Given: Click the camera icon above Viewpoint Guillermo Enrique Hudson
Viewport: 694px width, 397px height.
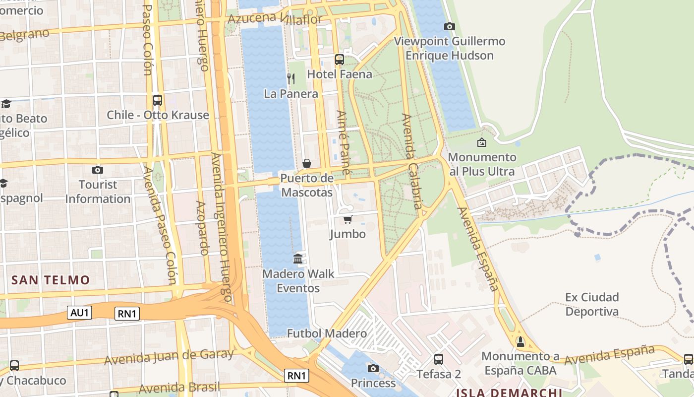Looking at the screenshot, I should click(x=450, y=26).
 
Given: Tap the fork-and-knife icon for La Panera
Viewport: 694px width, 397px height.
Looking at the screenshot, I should click(x=291, y=78).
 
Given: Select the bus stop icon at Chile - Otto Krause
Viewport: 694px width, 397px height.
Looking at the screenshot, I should click(x=158, y=100).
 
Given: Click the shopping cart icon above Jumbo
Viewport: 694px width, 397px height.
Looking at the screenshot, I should click(x=347, y=219).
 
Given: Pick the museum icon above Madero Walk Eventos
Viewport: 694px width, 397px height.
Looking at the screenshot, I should click(x=298, y=259).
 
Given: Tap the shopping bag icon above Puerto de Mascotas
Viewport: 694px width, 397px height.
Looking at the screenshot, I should click(x=307, y=163).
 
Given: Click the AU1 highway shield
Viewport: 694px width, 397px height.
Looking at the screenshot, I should click(x=79, y=312).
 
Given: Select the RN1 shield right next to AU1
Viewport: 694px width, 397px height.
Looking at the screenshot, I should click(x=127, y=313).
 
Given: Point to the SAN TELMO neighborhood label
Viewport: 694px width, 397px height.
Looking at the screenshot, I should click(x=51, y=280).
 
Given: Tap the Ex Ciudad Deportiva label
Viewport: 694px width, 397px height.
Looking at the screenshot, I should click(x=592, y=304).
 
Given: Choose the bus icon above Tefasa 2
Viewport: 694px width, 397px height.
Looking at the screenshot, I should click(x=438, y=359).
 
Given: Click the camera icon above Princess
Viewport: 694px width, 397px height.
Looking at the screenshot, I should click(x=373, y=368).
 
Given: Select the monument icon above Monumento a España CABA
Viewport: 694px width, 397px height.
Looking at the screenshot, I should click(x=520, y=341).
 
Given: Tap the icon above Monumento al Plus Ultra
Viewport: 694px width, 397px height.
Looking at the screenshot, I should click(x=481, y=143).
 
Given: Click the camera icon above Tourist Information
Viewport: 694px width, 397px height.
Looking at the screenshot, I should click(x=98, y=170).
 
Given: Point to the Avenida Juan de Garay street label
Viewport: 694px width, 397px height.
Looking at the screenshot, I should click(x=169, y=356).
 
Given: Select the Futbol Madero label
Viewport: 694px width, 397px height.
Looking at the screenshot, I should click(x=327, y=333).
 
